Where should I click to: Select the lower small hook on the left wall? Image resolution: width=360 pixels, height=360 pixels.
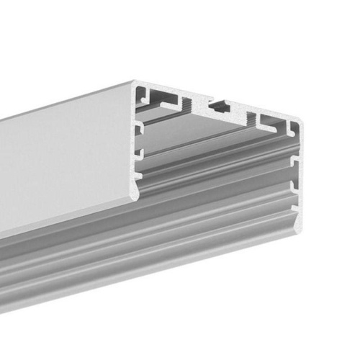point(140,153)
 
